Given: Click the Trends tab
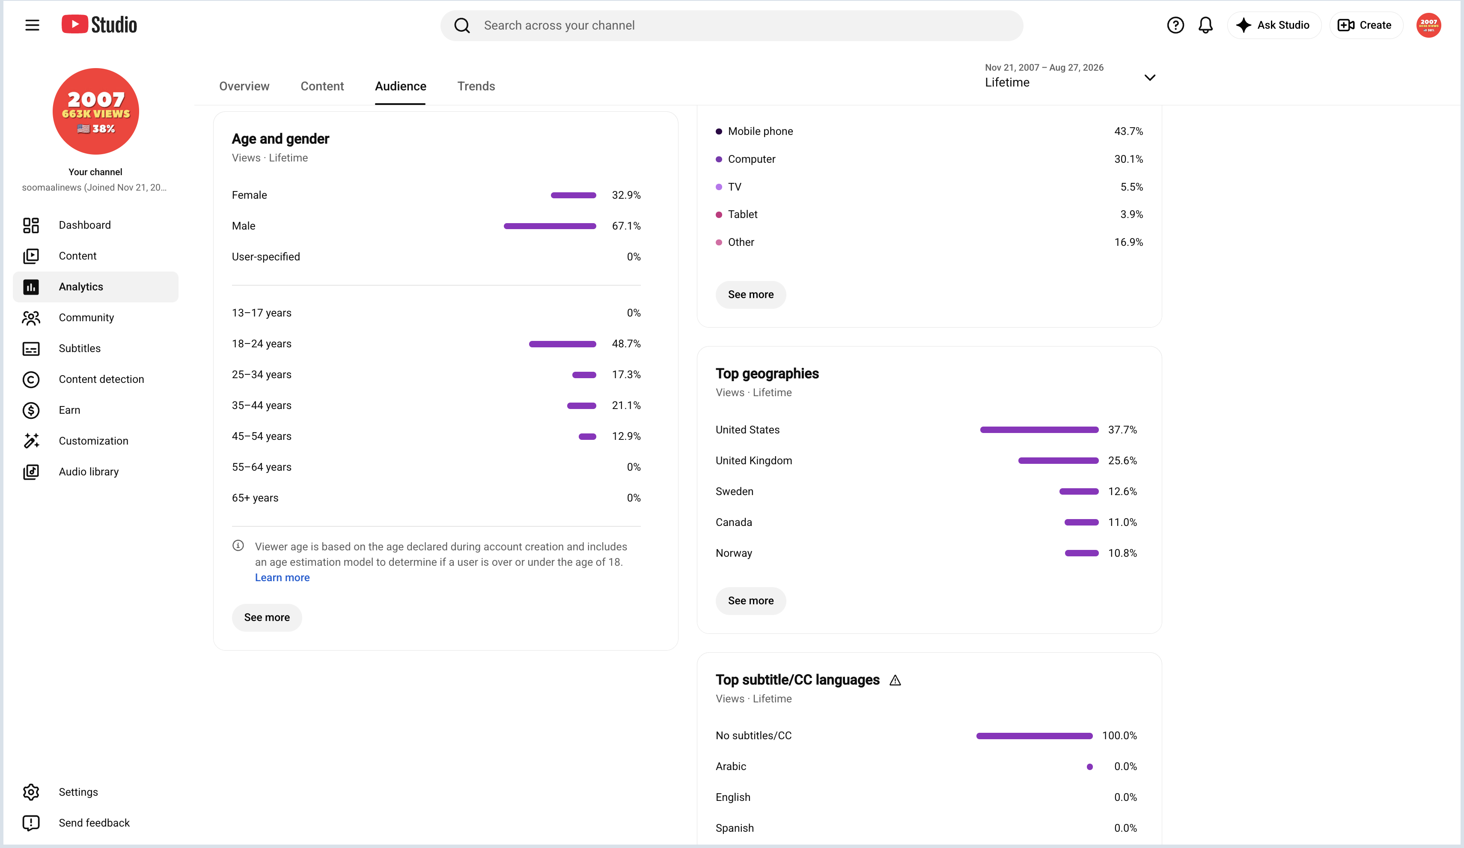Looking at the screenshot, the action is pyautogui.click(x=476, y=86).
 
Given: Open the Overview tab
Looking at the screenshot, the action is pyautogui.click(x=244, y=86).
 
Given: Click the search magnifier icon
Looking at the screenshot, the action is pyautogui.click(x=462, y=26).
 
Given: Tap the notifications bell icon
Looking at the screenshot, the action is pyautogui.click(x=1205, y=25).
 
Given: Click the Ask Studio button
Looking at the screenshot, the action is pyautogui.click(x=1274, y=25).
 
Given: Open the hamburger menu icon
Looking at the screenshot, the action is pyautogui.click(x=33, y=25).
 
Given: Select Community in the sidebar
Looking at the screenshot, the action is pyautogui.click(x=86, y=317).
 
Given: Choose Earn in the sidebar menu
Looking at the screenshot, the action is pyautogui.click(x=69, y=410).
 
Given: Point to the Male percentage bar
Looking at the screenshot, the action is pyautogui.click(x=550, y=226).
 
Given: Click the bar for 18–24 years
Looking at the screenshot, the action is pyautogui.click(x=562, y=344).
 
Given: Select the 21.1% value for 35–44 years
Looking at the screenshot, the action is pyautogui.click(x=626, y=405).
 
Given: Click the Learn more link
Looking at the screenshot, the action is pyautogui.click(x=283, y=577).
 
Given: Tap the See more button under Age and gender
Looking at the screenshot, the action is pyautogui.click(x=267, y=617).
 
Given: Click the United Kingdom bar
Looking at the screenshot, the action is pyautogui.click(x=1058, y=461).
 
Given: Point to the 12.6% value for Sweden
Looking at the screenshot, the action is pyautogui.click(x=1122, y=491).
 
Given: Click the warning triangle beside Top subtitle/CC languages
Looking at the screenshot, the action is pyautogui.click(x=895, y=680).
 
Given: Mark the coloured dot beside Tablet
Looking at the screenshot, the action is pyautogui.click(x=719, y=215).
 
